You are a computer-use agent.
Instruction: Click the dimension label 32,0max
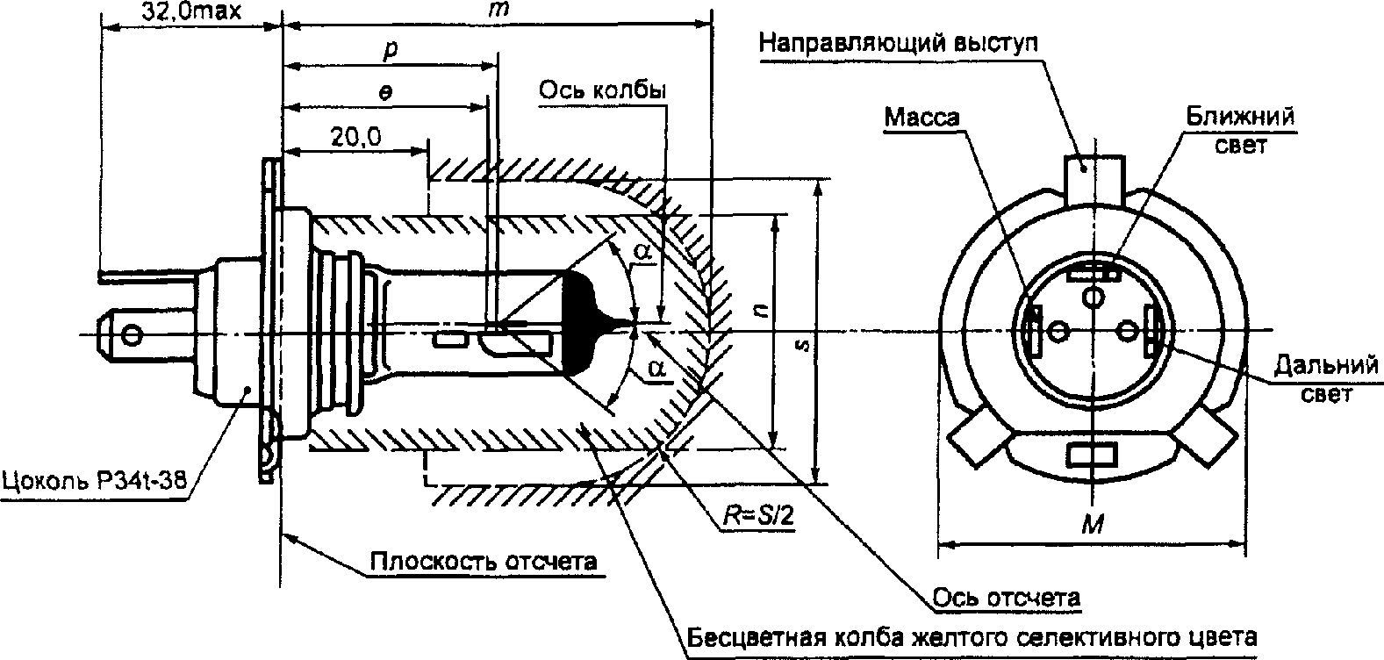tap(191, 11)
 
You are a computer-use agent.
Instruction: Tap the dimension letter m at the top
tap(498, 10)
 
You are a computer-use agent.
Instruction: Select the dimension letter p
tap(391, 50)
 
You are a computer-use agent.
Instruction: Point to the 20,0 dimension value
tap(355, 137)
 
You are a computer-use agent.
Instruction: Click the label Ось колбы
tap(602, 91)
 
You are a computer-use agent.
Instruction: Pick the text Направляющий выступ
tap(898, 43)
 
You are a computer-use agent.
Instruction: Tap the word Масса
tap(921, 118)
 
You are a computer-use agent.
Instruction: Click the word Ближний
tap(1239, 117)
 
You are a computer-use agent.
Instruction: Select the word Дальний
tap(1325, 365)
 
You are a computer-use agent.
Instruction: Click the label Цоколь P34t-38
tap(94, 480)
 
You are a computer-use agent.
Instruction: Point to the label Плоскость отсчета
tap(484, 561)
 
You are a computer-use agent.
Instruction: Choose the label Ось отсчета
tap(1007, 599)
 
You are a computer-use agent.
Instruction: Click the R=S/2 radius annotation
tap(759, 517)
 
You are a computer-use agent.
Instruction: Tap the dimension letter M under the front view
tap(1093, 525)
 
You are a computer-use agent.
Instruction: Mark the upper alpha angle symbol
tap(643, 252)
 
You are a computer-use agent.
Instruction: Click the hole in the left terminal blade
tap(132, 335)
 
